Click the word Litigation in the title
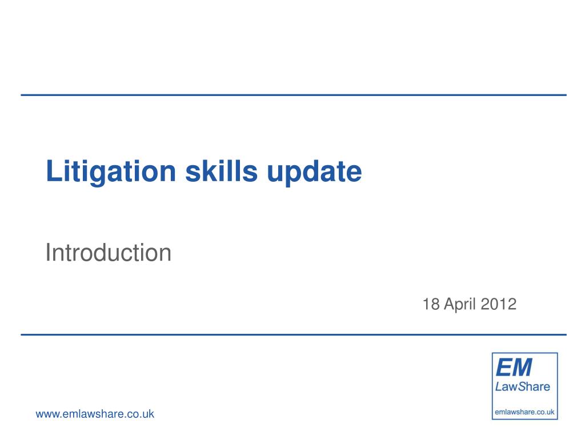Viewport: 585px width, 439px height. [x=111, y=172]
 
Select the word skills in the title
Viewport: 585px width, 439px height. [x=221, y=171]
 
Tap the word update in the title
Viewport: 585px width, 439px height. [x=315, y=173]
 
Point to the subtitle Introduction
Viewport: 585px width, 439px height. [x=108, y=253]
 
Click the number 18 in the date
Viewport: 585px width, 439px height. [x=431, y=304]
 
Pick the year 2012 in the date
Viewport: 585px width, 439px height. [x=498, y=304]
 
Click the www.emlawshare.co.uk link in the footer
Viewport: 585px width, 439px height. [x=95, y=414]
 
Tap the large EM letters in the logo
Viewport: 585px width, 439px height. [x=514, y=368]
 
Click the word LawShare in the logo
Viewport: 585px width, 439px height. [x=522, y=387]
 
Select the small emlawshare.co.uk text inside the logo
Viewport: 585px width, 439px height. [x=524, y=412]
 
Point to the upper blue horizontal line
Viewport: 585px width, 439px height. [x=294, y=95]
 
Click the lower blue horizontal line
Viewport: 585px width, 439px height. [x=294, y=335]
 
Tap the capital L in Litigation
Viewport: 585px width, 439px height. [x=54, y=171]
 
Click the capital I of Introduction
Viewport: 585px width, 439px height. [x=48, y=253]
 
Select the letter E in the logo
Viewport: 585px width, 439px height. [x=504, y=368]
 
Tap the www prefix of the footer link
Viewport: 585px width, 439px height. [x=48, y=415]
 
